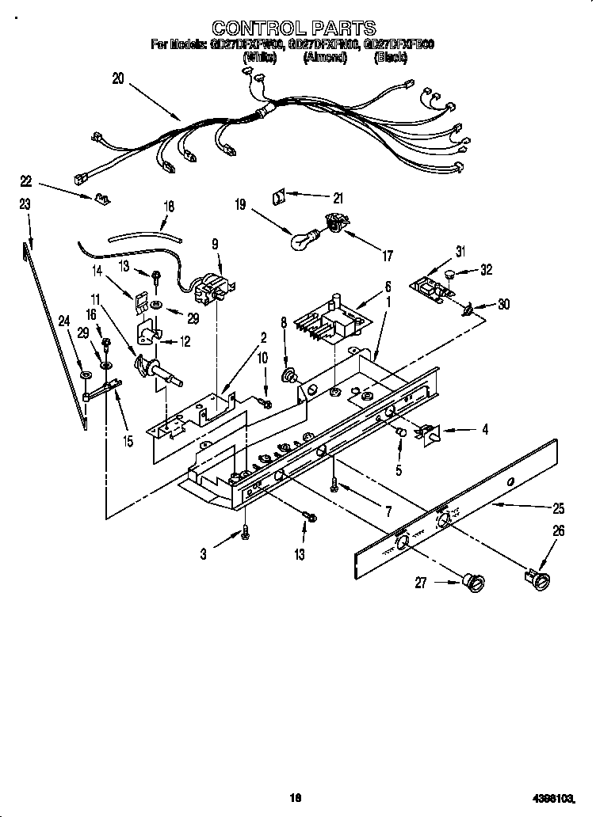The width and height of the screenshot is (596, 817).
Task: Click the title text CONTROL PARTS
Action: click(294, 30)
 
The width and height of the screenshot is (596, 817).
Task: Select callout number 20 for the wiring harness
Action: click(118, 79)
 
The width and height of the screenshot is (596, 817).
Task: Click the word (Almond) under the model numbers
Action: click(323, 58)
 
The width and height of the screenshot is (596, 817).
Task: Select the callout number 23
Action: click(25, 204)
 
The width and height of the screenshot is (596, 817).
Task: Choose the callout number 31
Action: click(461, 253)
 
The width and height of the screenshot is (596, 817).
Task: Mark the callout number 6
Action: click(388, 287)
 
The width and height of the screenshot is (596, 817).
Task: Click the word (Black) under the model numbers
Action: click(390, 58)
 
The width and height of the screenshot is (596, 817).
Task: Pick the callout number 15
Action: click(127, 441)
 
